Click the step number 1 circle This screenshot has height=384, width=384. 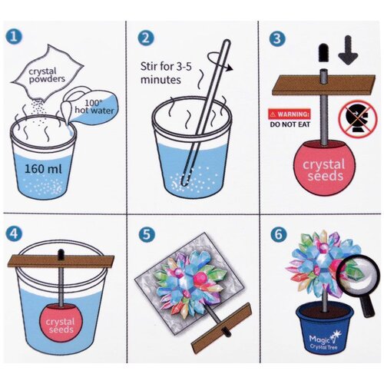tap(14, 36)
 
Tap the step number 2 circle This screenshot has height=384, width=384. tap(146, 38)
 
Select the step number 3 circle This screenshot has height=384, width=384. tap(277, 38)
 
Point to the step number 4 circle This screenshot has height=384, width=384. tap(14, 234)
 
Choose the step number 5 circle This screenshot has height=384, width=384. tap(147, 234)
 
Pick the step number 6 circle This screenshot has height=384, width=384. tap(279, 234)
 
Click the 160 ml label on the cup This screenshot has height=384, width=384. tap(43, 169)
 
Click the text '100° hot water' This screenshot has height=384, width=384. tap(94, 107)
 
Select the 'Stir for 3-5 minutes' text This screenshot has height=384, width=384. tap(166, 73)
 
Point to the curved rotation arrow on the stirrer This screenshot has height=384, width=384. tap(220, 61)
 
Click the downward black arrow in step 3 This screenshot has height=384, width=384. tap(348, 50)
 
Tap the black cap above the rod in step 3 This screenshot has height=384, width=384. tap(323, 53)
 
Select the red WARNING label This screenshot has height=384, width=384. tap(290, 114)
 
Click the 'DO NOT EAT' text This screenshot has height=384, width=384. tap(290, 124)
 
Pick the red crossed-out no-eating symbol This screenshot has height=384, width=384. tap(358, 120)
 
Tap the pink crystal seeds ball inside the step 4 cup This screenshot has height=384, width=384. tap(61, 323)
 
